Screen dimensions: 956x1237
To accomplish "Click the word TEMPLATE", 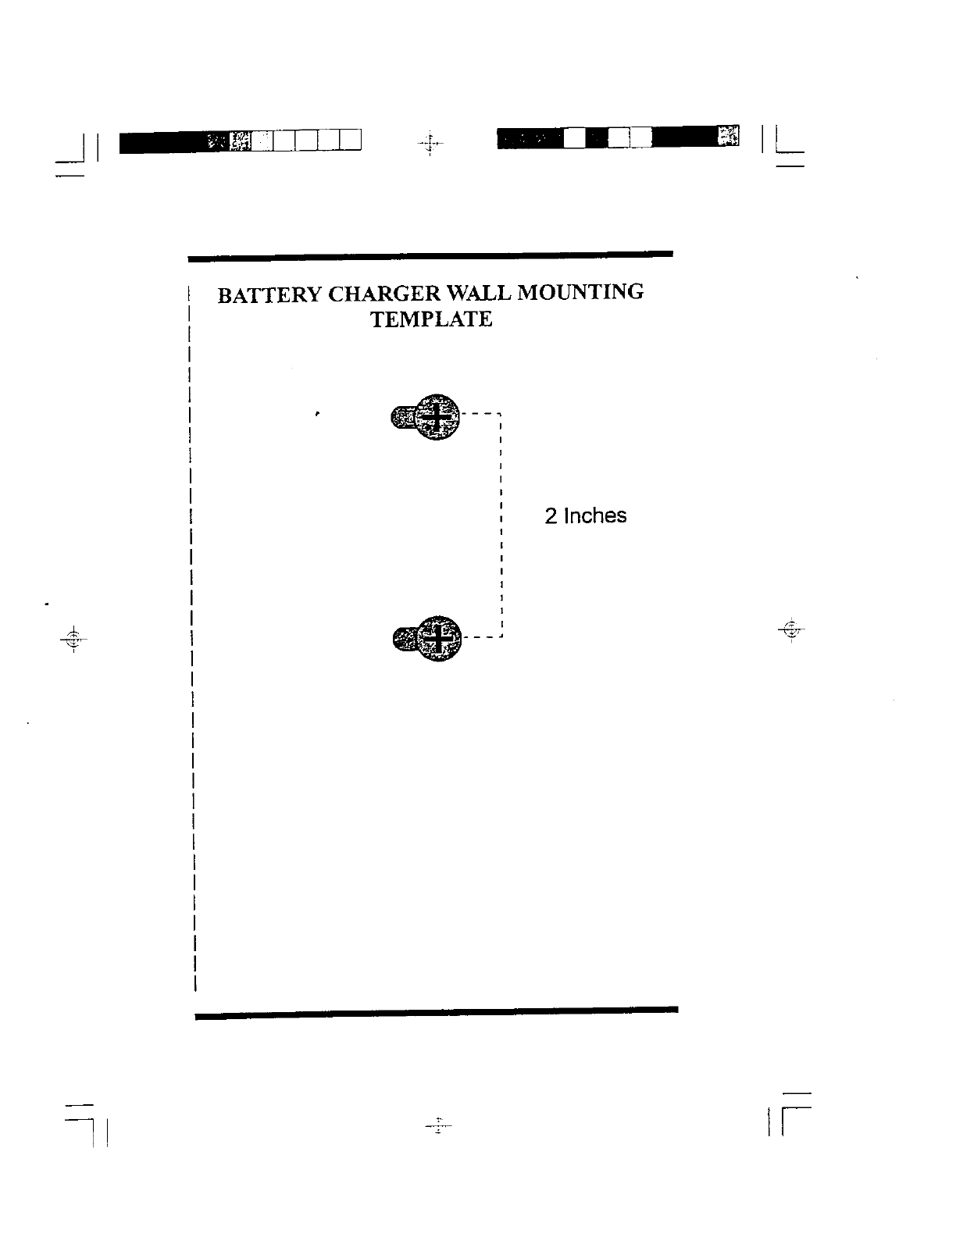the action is pos(431,319).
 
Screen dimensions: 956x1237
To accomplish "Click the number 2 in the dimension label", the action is pos(551,516).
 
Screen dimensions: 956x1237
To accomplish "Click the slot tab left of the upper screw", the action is pos(400,418).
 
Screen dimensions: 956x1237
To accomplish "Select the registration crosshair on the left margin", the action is pos(73,637).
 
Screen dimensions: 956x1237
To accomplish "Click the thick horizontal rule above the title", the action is pos(430,255).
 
